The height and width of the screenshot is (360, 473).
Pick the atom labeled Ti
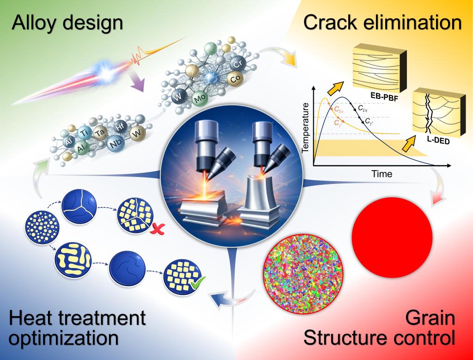(84, 132)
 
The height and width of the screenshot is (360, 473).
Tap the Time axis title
(382, 174)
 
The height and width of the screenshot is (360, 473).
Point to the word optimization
(64, 338)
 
